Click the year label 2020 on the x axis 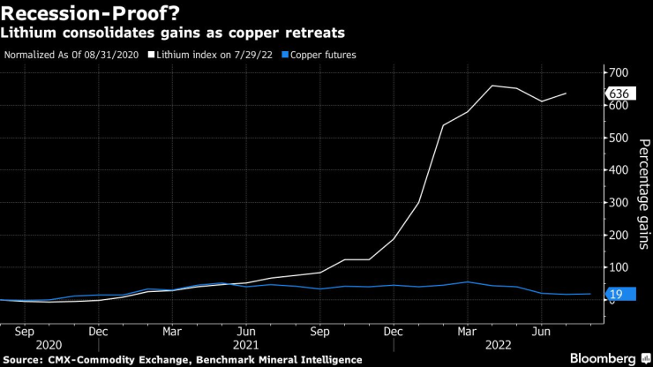click(49, 346)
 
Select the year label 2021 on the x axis click(245, 346)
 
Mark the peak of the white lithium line click(492, 86)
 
